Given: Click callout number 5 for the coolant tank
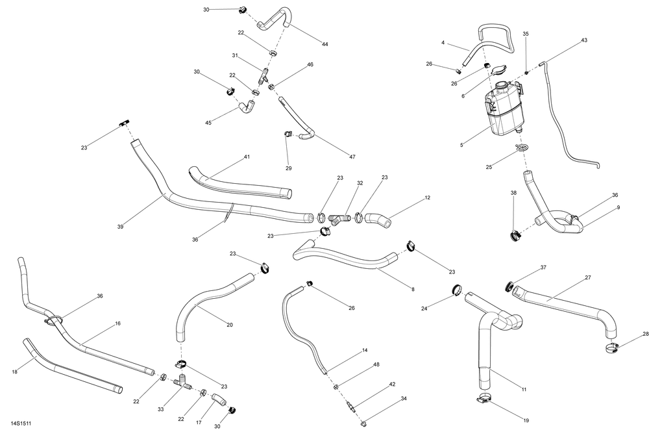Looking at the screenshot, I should tap(461, 145).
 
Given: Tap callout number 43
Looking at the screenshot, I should tap(584, 40).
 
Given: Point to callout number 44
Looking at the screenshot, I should tap(324, 44).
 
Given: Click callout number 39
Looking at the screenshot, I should tap(120, 226).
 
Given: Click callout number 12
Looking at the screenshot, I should tap(427, 197).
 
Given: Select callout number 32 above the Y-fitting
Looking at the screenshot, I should tap(359, 184).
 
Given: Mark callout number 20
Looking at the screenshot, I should tap(230, 324).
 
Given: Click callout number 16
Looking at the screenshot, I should tap(117, 323).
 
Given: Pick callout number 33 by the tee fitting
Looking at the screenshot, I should tap(162, 410).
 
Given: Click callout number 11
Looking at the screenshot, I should tap(523, 390).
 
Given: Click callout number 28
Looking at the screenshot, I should tap(645, 334).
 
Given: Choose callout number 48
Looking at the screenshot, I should tap(376, 365).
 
